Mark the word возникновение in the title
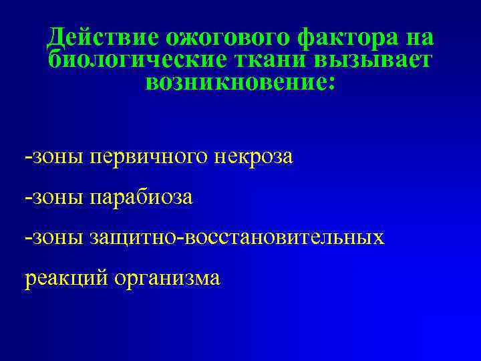click(235, 83)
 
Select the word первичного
click(148, 158)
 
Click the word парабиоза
click(141, 198)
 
